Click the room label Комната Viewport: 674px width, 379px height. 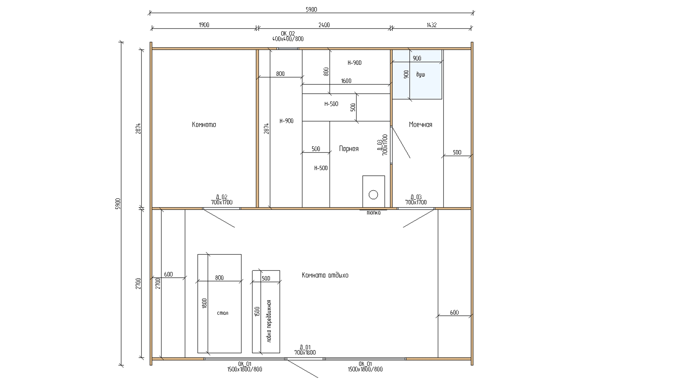[x=204, y=124]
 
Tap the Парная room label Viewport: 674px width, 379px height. [x=349, y=149]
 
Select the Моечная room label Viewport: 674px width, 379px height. [x=420, y=124]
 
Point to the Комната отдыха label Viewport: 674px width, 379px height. [x=325, y=275]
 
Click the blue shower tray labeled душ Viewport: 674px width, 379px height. [x=417, y=74]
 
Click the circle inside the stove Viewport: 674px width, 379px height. [x=373, y=195]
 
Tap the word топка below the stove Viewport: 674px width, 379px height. [x=374, y=213]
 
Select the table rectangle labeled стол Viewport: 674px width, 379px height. [x=219, y=303]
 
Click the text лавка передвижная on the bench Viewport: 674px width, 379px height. [x=269, y=321]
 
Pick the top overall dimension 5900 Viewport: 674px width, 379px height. [x=311, y=9]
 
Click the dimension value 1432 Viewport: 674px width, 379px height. [x=432, y=25]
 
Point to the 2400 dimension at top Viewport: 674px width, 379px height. [x=324, y=25]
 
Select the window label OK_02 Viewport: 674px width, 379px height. [x=288, y=33]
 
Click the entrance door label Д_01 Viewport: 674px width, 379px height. [x=305, y=347]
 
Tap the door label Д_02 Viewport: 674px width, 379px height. [x=222, y=197]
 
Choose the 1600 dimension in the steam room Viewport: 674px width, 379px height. [x=346, y=81]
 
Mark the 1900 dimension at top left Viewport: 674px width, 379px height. [x=204, y=25]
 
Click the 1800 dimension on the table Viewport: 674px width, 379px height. [x=205, y=303]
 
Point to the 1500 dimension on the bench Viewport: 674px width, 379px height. [x=257, y=312]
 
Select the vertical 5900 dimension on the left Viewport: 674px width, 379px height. [x=118, y=204]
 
